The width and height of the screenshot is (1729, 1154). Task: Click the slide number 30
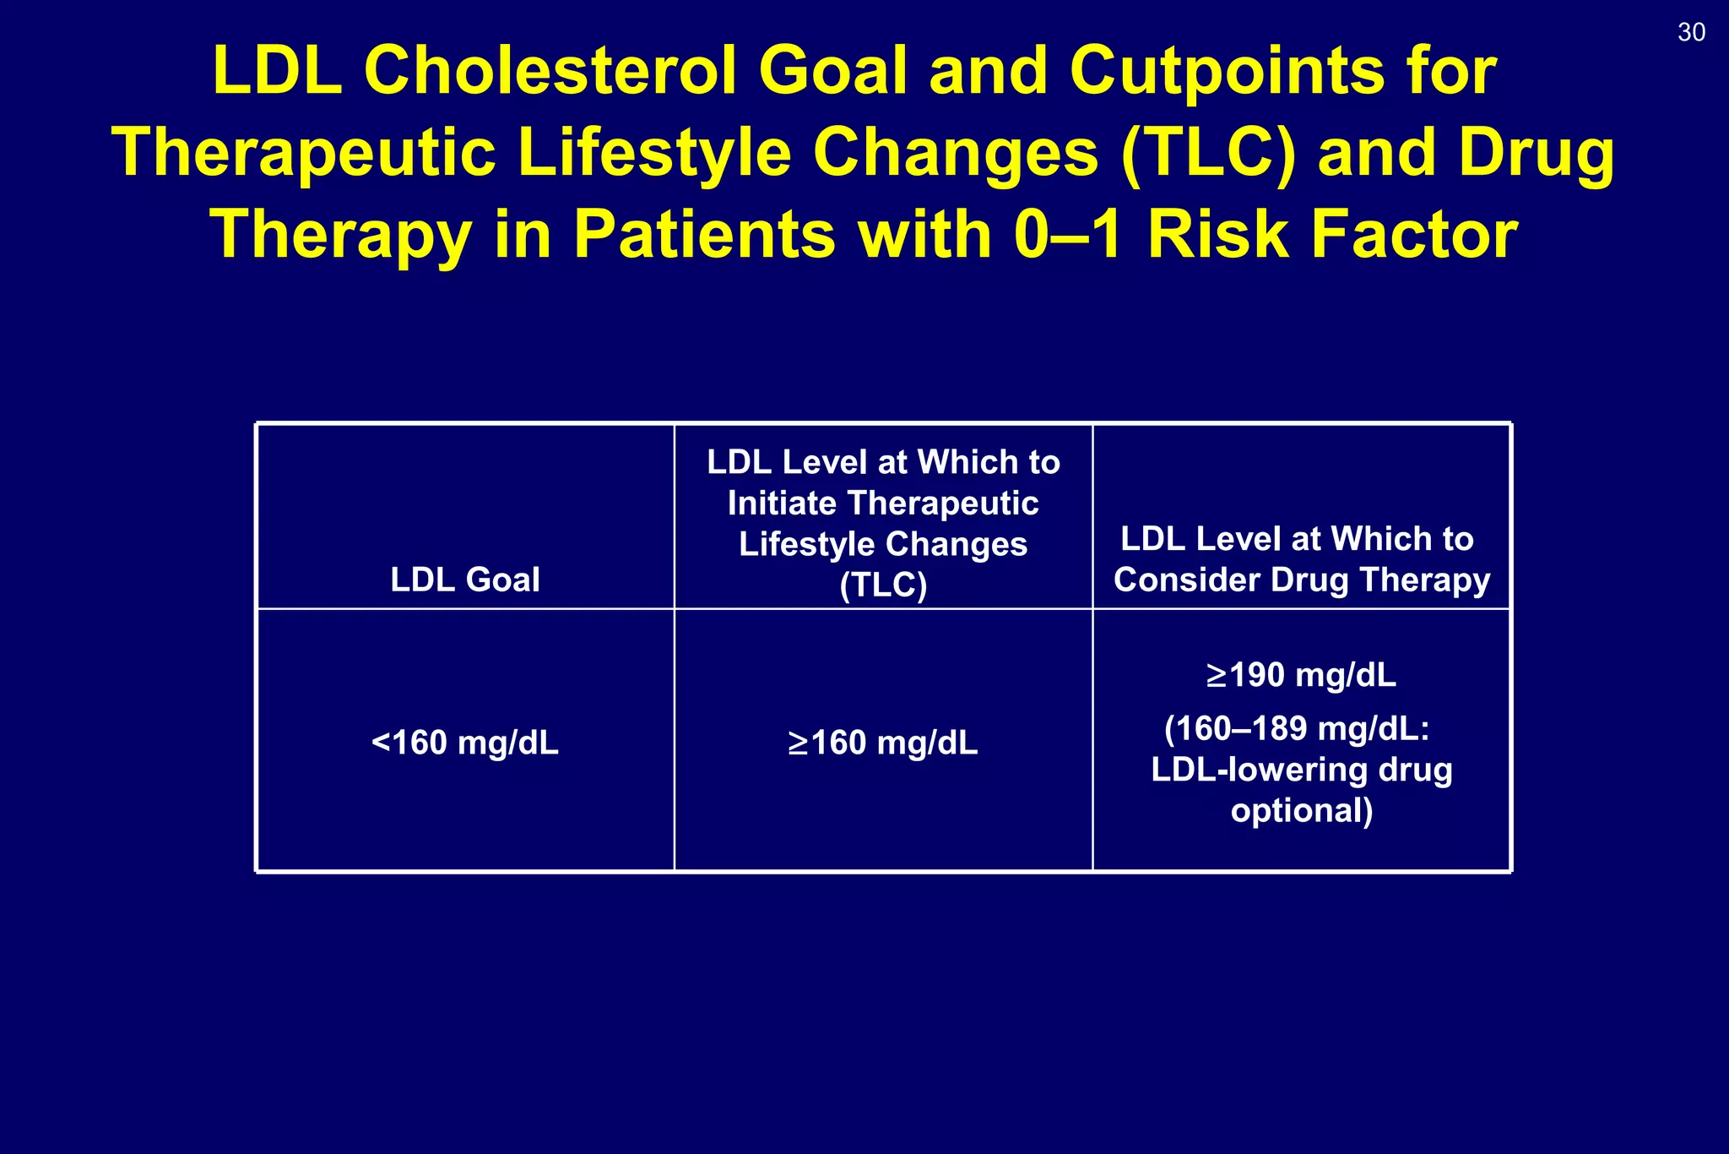(x=1691, y=33)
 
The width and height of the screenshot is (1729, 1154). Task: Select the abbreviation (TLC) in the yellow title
(x=1208, y=153)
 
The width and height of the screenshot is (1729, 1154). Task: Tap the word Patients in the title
(x=704, y=235)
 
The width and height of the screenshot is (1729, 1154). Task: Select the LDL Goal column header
(x=464, y=580)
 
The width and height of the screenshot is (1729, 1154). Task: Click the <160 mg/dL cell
(x=464, y=743)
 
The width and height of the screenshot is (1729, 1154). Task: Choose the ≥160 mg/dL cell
(x=883, y=743)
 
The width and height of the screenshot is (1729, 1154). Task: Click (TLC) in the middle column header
(x=883, y=585)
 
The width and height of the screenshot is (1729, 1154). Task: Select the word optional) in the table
(x=1301, y=811)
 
